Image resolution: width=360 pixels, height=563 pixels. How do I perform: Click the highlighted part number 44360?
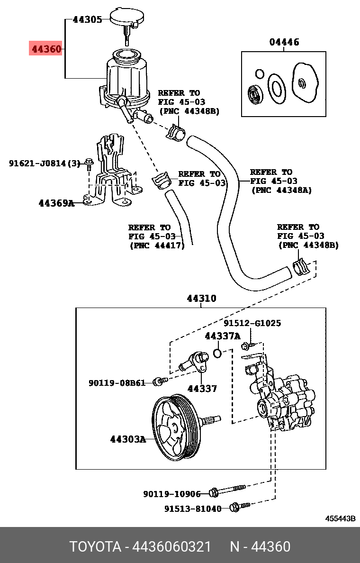tap(45, 48)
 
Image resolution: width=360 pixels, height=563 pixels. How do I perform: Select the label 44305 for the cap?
tap(87, 20)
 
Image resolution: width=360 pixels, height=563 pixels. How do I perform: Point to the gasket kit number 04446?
tap(284, 42)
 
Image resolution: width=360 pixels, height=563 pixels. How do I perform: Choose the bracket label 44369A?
tap(56, 203)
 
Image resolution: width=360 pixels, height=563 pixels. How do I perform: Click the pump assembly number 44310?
tap(201, 299)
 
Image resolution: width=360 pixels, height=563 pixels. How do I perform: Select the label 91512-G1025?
tap(252, 323)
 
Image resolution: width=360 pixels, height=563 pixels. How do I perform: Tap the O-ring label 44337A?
tap(223, 336)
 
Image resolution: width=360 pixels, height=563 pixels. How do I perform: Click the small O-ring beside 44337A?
tap(217, 353)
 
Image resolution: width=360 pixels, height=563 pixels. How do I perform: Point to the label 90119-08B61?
tap(117, 382)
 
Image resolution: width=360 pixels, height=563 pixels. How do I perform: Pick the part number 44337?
tap(202, 389)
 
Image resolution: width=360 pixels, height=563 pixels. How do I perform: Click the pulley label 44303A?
tap(128, 439)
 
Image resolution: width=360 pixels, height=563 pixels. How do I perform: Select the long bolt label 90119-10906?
tap(172, 494)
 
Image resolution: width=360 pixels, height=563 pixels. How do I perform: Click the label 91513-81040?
tap(193, 509)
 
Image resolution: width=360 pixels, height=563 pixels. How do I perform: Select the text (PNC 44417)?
tap(157, 246)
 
